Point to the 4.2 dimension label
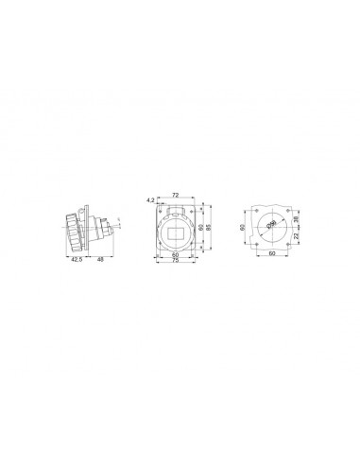click(151, 200)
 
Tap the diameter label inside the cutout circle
click(270, 223)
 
